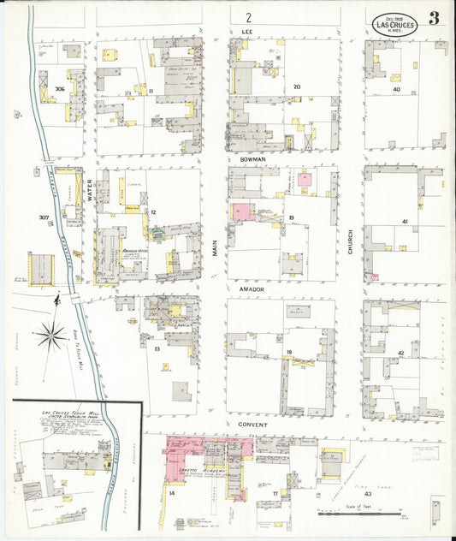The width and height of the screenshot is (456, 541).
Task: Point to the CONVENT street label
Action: click(x=252, y=425)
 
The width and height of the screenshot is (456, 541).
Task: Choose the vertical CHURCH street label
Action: click(x=350, y=242)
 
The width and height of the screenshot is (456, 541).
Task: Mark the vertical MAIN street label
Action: click(x=215, y=247)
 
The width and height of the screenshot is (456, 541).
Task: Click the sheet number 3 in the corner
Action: click(x=434, y=19)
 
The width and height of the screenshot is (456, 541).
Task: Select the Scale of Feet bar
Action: click(x=360, y=514)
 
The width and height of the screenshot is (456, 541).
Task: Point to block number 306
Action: click(x=59, y=89)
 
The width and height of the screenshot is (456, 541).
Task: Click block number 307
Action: click(x=44, y=217)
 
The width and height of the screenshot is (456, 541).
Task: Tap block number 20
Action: click(x=297, y=86)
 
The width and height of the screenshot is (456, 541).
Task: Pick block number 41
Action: click(x=405, y=222)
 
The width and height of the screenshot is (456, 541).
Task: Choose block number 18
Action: click(x=290, y=353)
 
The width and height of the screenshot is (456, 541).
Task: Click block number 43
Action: click(x=368, y=495)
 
